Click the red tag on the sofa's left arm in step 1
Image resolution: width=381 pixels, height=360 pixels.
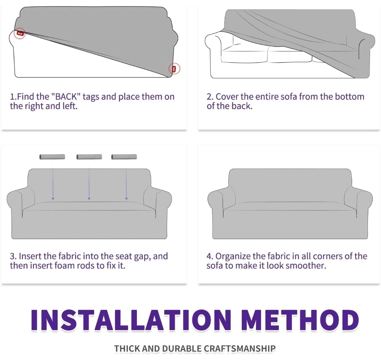click(x=20, y=33)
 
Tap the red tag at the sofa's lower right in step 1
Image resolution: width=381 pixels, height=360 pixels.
click(x=174, y=69)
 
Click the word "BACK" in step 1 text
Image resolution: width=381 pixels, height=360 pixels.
click(x=66, y=97)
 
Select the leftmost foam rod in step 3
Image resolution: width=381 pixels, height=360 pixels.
click(x=52, y=157)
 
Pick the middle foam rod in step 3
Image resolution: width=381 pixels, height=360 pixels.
click(x=89, y=157)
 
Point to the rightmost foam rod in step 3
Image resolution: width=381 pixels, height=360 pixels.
click(x=124, y=157)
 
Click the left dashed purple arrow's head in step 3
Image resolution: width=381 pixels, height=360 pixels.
click(x=53, y=199)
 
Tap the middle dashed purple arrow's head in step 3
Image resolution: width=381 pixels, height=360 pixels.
click(x=89, y=199)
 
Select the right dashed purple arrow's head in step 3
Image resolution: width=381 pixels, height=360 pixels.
click(x=126, y=199)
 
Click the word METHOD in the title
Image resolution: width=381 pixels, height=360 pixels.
click(x=301, y=320)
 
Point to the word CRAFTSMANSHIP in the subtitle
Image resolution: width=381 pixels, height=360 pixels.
click(x=240, y=349)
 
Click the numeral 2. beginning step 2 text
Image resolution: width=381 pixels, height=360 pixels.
click(x=210, y=97)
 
